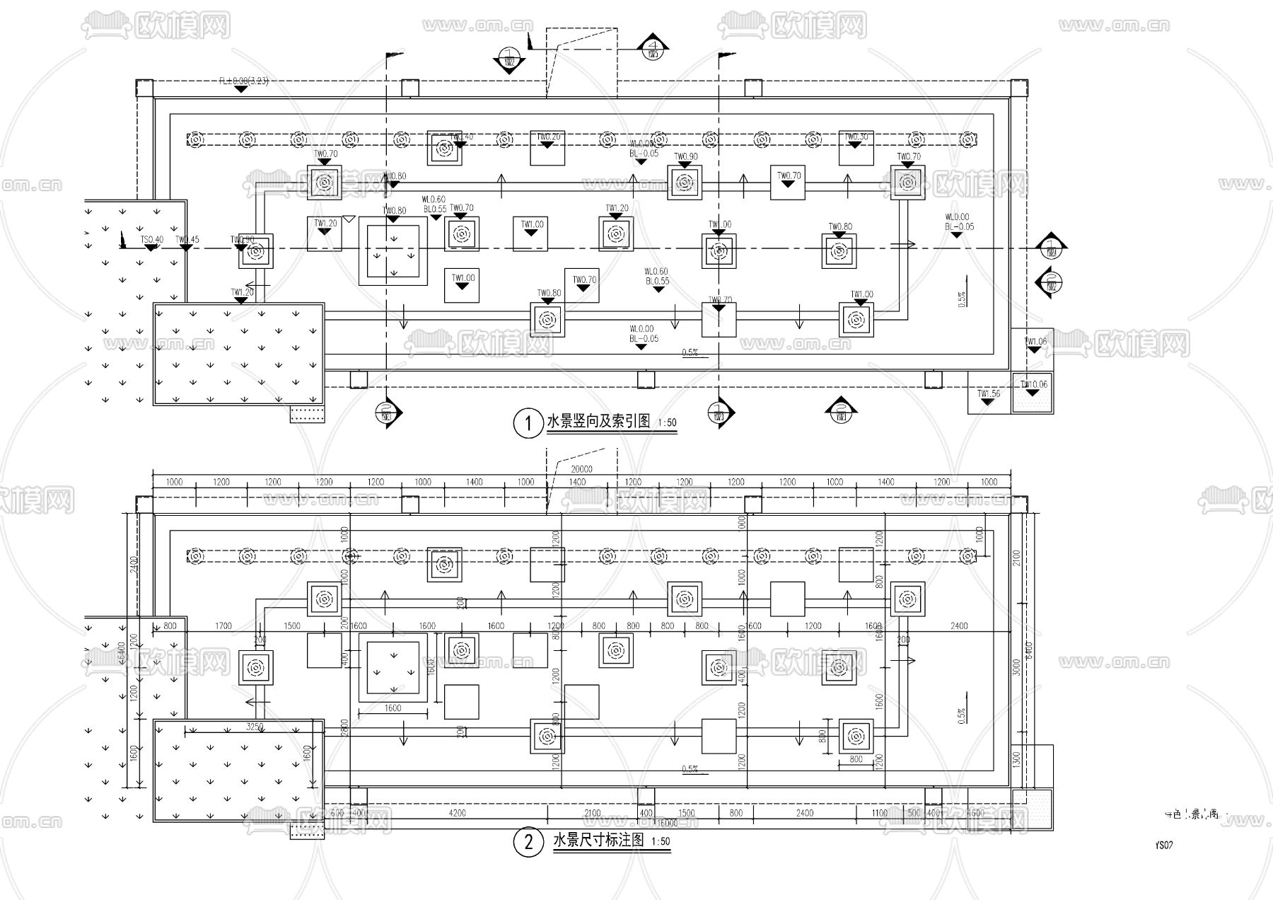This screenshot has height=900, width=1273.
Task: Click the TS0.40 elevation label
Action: tap(151, 240)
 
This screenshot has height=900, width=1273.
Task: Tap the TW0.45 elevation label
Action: tap(187, 240)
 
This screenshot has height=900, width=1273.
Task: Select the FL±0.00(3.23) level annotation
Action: tap(243, 81)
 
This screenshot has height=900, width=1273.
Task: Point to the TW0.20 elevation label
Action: tap(548, 137)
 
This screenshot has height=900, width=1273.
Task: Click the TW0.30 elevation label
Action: tap(856, 137)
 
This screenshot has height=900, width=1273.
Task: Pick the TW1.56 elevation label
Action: tap(988, 394)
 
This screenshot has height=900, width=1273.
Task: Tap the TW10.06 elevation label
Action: tap(1033, 384)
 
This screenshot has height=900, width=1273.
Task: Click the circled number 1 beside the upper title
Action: tap(528, 423)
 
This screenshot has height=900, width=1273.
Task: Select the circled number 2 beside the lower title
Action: tap(528, 843)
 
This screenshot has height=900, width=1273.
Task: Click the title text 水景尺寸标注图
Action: tap(599, 841)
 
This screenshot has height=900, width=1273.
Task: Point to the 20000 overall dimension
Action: tap(581, 469)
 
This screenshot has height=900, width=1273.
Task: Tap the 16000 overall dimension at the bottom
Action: tap(667, 823)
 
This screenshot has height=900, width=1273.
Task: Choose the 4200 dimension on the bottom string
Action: tap(458, 813)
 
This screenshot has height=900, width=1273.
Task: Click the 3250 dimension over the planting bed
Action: tap(255, 727)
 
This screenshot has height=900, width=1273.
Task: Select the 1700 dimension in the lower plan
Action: tap(223, 625)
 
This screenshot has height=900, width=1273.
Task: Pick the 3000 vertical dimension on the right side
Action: tap(1017, 667)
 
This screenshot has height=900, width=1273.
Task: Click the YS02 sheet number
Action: tap(1163, 845)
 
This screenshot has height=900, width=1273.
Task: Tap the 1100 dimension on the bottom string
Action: tap(879, 813)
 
